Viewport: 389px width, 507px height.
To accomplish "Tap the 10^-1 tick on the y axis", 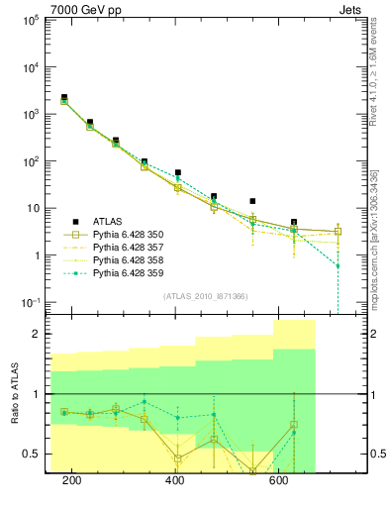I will pos(28,302).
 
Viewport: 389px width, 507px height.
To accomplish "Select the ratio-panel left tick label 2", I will pos(36,334).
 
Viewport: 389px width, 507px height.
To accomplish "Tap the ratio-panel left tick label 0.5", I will pos(30,455).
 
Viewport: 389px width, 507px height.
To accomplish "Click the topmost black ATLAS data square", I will pos(63,97).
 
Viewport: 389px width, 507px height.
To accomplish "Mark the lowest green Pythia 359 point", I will pos(338,265).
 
